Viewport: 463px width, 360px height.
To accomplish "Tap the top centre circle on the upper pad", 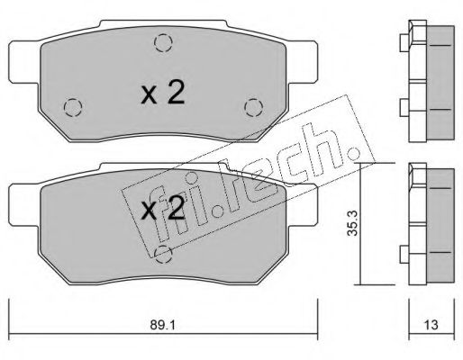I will [161, 41].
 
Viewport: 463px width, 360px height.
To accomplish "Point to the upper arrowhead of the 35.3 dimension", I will [360, 167].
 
